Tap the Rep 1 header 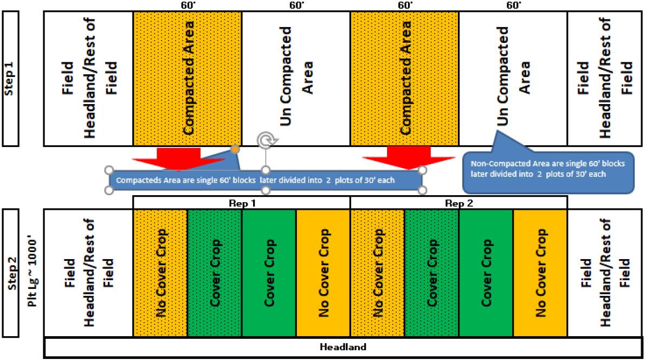click(241, 203)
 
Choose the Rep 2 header click(458, 203)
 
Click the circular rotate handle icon click(265, 140)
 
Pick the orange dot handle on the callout click(235, 149)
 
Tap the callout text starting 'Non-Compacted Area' click(548, 169)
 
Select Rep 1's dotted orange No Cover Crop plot click(160, 273)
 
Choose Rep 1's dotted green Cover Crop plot click(215, 273)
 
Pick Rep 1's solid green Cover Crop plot click(269, 273)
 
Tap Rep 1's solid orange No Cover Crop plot click(323, 273)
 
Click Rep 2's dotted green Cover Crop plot click(432, 273)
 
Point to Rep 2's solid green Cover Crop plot click(486, 273)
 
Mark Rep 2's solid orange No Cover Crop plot click(540, 273)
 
